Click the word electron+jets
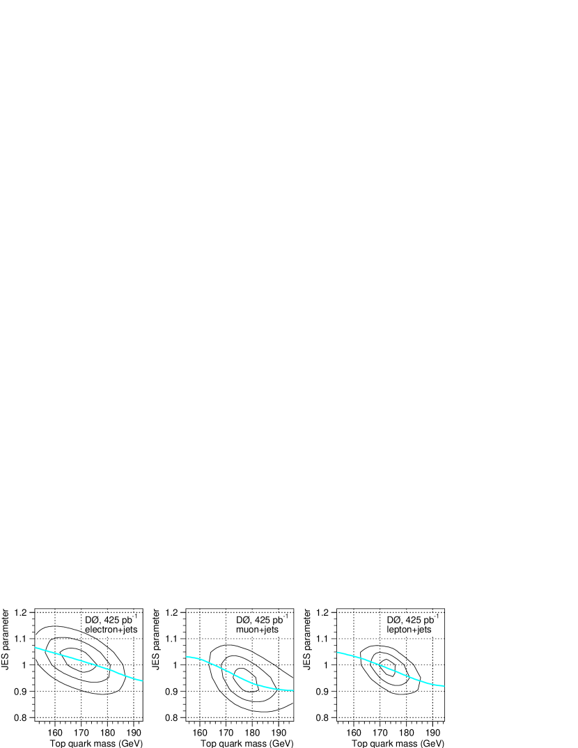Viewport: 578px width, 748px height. [x=111, y=630]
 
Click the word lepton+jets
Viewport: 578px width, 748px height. [x=409, y=630]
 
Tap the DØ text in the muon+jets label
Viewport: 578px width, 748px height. [x=243, y=620]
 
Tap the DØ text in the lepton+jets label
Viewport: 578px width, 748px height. [x=394, y=620]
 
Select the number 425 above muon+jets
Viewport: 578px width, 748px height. [x=264, y=620]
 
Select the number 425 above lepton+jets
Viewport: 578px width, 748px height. [x=415, y=620]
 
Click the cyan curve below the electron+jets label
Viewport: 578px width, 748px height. [x=88, y=662]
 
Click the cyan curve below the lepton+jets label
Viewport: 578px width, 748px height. [x=390, y=669]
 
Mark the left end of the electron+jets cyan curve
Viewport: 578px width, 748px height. [x=36, y=648]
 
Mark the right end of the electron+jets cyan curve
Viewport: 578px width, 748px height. [x=142, y=681]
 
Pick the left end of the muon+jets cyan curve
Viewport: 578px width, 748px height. [x=187, y=656]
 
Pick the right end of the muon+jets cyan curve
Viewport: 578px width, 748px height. [x=292, y=690]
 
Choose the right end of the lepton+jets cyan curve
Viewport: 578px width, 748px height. [x=444, y=686]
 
